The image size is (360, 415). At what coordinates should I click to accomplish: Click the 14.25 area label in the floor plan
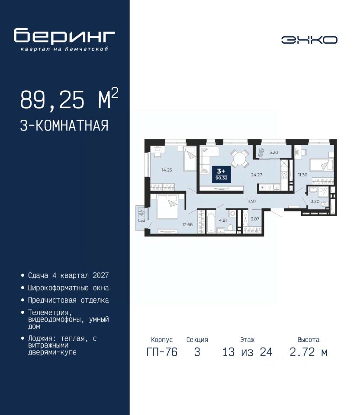167,170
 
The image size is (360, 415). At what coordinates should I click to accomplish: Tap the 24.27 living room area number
257,175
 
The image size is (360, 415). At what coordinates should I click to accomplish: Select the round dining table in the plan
239,160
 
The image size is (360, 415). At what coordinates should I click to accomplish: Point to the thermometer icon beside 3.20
261,153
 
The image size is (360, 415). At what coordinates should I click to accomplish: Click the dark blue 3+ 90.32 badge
221,174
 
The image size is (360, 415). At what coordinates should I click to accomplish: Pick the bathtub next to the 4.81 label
211,221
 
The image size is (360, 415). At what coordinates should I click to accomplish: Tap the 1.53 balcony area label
141,220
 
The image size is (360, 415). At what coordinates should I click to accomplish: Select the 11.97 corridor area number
252,201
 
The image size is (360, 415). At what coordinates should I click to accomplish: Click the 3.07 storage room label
255,219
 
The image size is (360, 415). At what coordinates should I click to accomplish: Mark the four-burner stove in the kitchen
284,175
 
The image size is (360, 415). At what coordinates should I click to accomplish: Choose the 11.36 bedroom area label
302,175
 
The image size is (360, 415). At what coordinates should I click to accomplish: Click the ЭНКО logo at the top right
309,40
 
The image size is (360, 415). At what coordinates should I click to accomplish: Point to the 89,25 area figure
52,99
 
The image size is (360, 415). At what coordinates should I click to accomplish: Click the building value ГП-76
162,352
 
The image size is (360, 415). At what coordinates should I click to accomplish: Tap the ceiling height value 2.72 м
309,352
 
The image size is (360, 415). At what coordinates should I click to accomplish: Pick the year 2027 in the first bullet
101,275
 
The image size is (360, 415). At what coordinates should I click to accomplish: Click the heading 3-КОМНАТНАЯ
64,125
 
